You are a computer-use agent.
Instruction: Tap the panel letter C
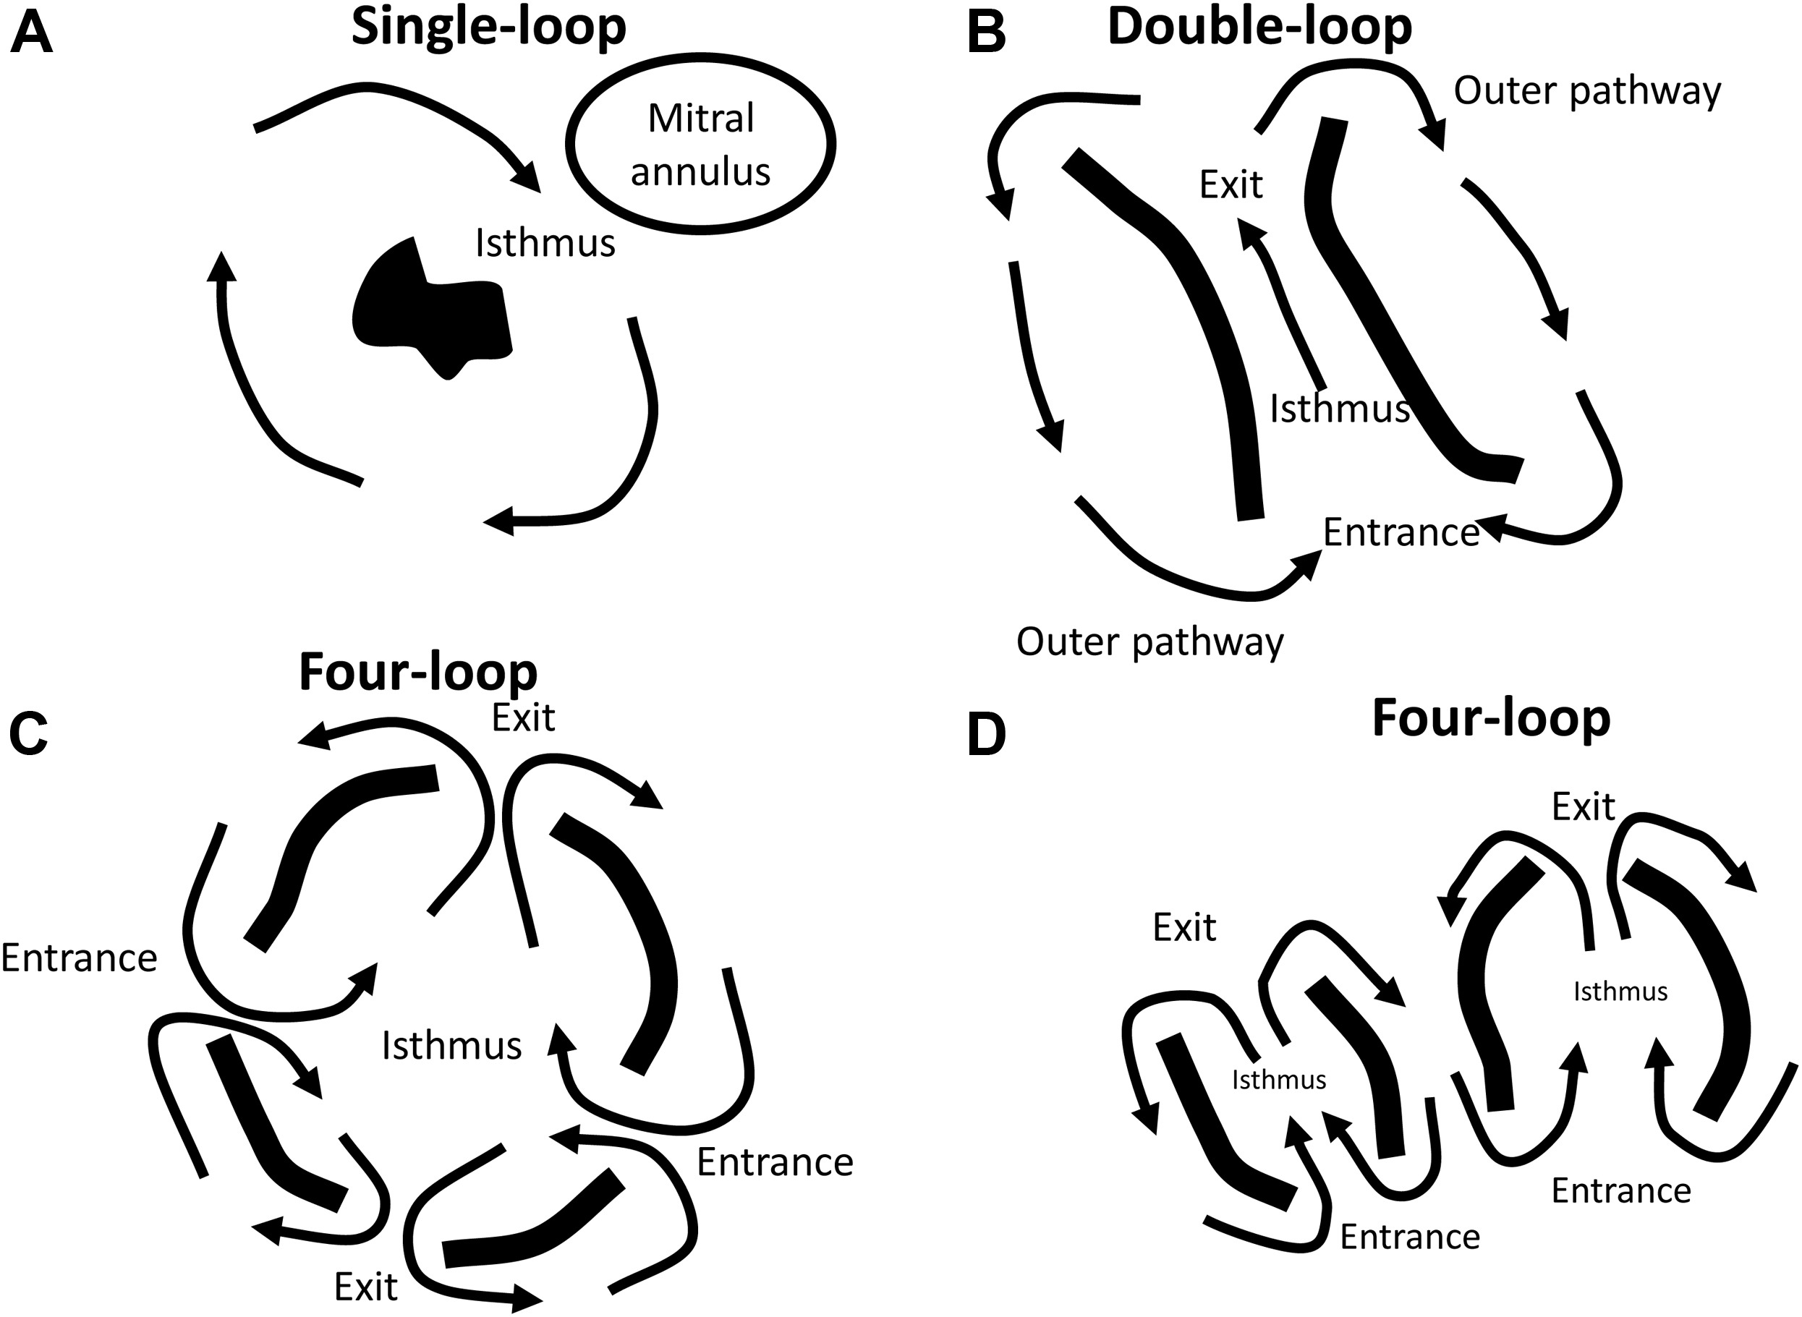coord(29,734)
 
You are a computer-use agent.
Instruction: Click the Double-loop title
coord(1259,28)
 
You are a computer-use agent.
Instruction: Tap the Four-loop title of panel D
coord(1491,719)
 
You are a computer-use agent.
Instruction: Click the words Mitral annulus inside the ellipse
coord(700,145)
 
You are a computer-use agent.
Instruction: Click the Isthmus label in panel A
coord(545,243)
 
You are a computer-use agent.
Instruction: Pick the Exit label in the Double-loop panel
coord(1231,185)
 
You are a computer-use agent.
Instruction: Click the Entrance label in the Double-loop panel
coord(1401,532)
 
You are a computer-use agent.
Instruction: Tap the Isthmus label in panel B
coord(1340,409)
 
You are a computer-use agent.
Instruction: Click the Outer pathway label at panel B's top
coord(1586,91)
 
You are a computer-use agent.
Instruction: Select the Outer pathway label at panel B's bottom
coord(1149,642)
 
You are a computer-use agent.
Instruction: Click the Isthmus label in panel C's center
coord(451,1046)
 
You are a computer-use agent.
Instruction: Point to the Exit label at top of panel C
coord(522,718)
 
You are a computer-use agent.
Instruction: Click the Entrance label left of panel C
coord(79,958)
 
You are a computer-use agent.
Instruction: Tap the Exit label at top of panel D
coord(1583,808)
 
